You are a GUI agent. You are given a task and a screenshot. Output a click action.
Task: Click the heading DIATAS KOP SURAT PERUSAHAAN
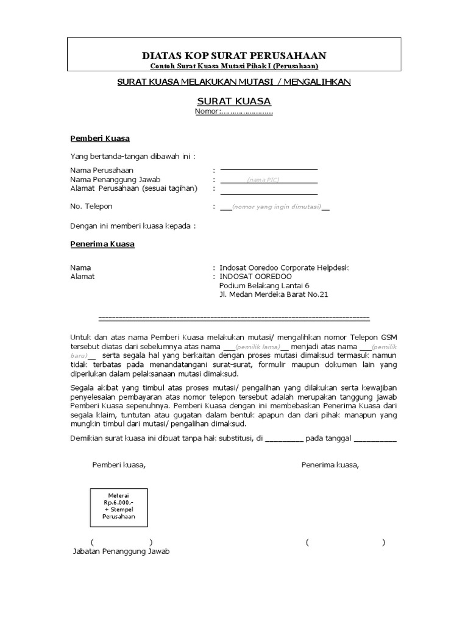click(x=234, y=55)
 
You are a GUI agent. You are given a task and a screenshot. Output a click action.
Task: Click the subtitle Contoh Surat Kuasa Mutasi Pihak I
click(x=234, y=66)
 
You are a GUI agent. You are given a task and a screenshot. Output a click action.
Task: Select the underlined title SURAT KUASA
click(x=234, y=101)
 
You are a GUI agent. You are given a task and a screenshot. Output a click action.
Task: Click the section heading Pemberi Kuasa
click(x=99, y=139)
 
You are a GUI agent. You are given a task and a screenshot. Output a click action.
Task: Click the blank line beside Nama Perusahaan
click(x=269, y=169)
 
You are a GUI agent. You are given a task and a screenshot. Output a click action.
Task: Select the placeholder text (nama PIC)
click(x=263, y=180)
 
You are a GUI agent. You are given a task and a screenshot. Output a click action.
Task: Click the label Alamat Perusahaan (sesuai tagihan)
click(x=133, y=188)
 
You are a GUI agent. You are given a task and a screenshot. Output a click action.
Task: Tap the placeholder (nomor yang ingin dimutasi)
click(x=276, y=207)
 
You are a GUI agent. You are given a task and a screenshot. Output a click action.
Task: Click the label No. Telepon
click(x=91, y=207)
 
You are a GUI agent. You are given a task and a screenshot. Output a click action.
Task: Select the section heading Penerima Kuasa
click(x=102, y=244)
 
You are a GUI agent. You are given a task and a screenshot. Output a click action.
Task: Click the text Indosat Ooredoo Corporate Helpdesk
click(x=284, y=268)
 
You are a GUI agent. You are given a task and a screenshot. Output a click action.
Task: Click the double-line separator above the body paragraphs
click(x=234, y=317)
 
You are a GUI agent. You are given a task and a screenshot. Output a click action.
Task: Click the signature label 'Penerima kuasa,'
click(x=330, y=466)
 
